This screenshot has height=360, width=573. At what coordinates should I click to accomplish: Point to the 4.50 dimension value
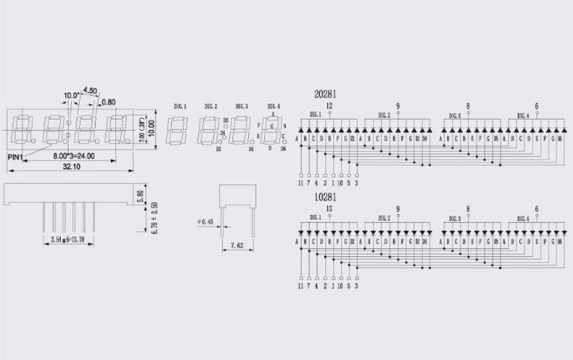pyautogui.click(x=90, y=91)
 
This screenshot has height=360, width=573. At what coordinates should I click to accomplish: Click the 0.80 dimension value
pyautogui.click(x=109, y=101)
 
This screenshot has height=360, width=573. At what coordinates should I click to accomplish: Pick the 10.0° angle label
pyautogui.click(x=71, y=96)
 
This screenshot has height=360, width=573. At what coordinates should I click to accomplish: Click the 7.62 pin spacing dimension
pyautogui.click(x=237, y=246)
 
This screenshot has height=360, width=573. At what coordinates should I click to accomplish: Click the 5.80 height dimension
pyautogui.click(x=140, y=194)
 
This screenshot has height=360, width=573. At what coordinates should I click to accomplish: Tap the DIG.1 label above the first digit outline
pyautogui.click(x=179, y=106)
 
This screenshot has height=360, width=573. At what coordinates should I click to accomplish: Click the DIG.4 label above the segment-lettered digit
pyautogui.click(x=273, y=106)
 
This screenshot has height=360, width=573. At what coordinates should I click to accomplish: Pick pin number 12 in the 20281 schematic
pyautogui.click(x=329, y=105)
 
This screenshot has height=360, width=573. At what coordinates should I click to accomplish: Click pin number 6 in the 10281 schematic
pyautogui.click(x=537, y=209)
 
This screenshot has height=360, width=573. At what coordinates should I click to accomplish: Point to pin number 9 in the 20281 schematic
pyautogui.click(x=397, y=105)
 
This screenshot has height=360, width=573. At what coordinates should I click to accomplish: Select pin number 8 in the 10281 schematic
pyautogui.click(x=468, y=209)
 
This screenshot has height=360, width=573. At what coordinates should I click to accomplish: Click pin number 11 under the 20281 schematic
pyautogui.click(x=301, y=183)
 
